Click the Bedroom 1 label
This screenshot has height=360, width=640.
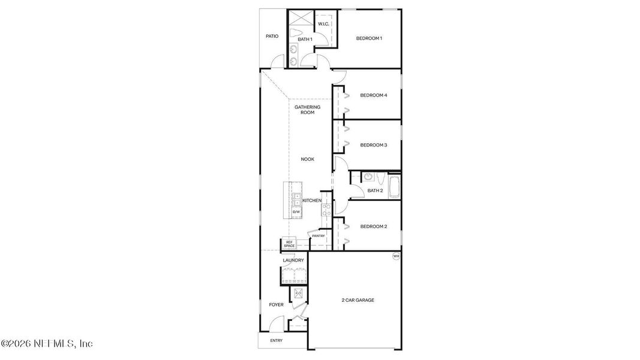coord(369,38)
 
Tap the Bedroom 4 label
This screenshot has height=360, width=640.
coord(373,95)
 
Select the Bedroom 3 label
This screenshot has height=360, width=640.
coord(373,145)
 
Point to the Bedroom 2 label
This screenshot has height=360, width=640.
coord(373,226)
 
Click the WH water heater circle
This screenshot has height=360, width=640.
coord(395,256)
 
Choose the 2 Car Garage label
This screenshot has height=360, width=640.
coord(357,300)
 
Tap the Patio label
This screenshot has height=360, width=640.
coord(272,36)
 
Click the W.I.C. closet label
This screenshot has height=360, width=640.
coord(323,24)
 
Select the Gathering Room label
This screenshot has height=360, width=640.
coord(307,110)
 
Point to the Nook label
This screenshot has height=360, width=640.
coord(308,159)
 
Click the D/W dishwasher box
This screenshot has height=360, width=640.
coord(296,212)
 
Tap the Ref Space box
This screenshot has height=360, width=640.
coord(289,244)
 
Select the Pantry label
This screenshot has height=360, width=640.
coord(318,236)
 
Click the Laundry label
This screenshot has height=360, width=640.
coord(293,260)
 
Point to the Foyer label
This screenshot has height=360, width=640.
coord(276,305)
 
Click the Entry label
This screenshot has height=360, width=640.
coord(277,341)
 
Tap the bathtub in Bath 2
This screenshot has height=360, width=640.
coord(394,186)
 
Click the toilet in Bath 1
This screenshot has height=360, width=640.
coord(296,33)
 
